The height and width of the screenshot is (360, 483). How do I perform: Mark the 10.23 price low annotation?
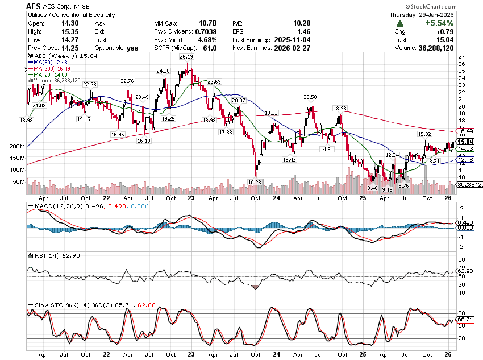point(255,182)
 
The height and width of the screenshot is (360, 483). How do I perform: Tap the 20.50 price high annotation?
point(310,97)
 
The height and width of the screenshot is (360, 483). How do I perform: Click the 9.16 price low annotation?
point(388,189)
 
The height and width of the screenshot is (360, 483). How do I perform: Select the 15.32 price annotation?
point(424,134)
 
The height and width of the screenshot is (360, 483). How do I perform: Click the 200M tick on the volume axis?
point(18,147)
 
